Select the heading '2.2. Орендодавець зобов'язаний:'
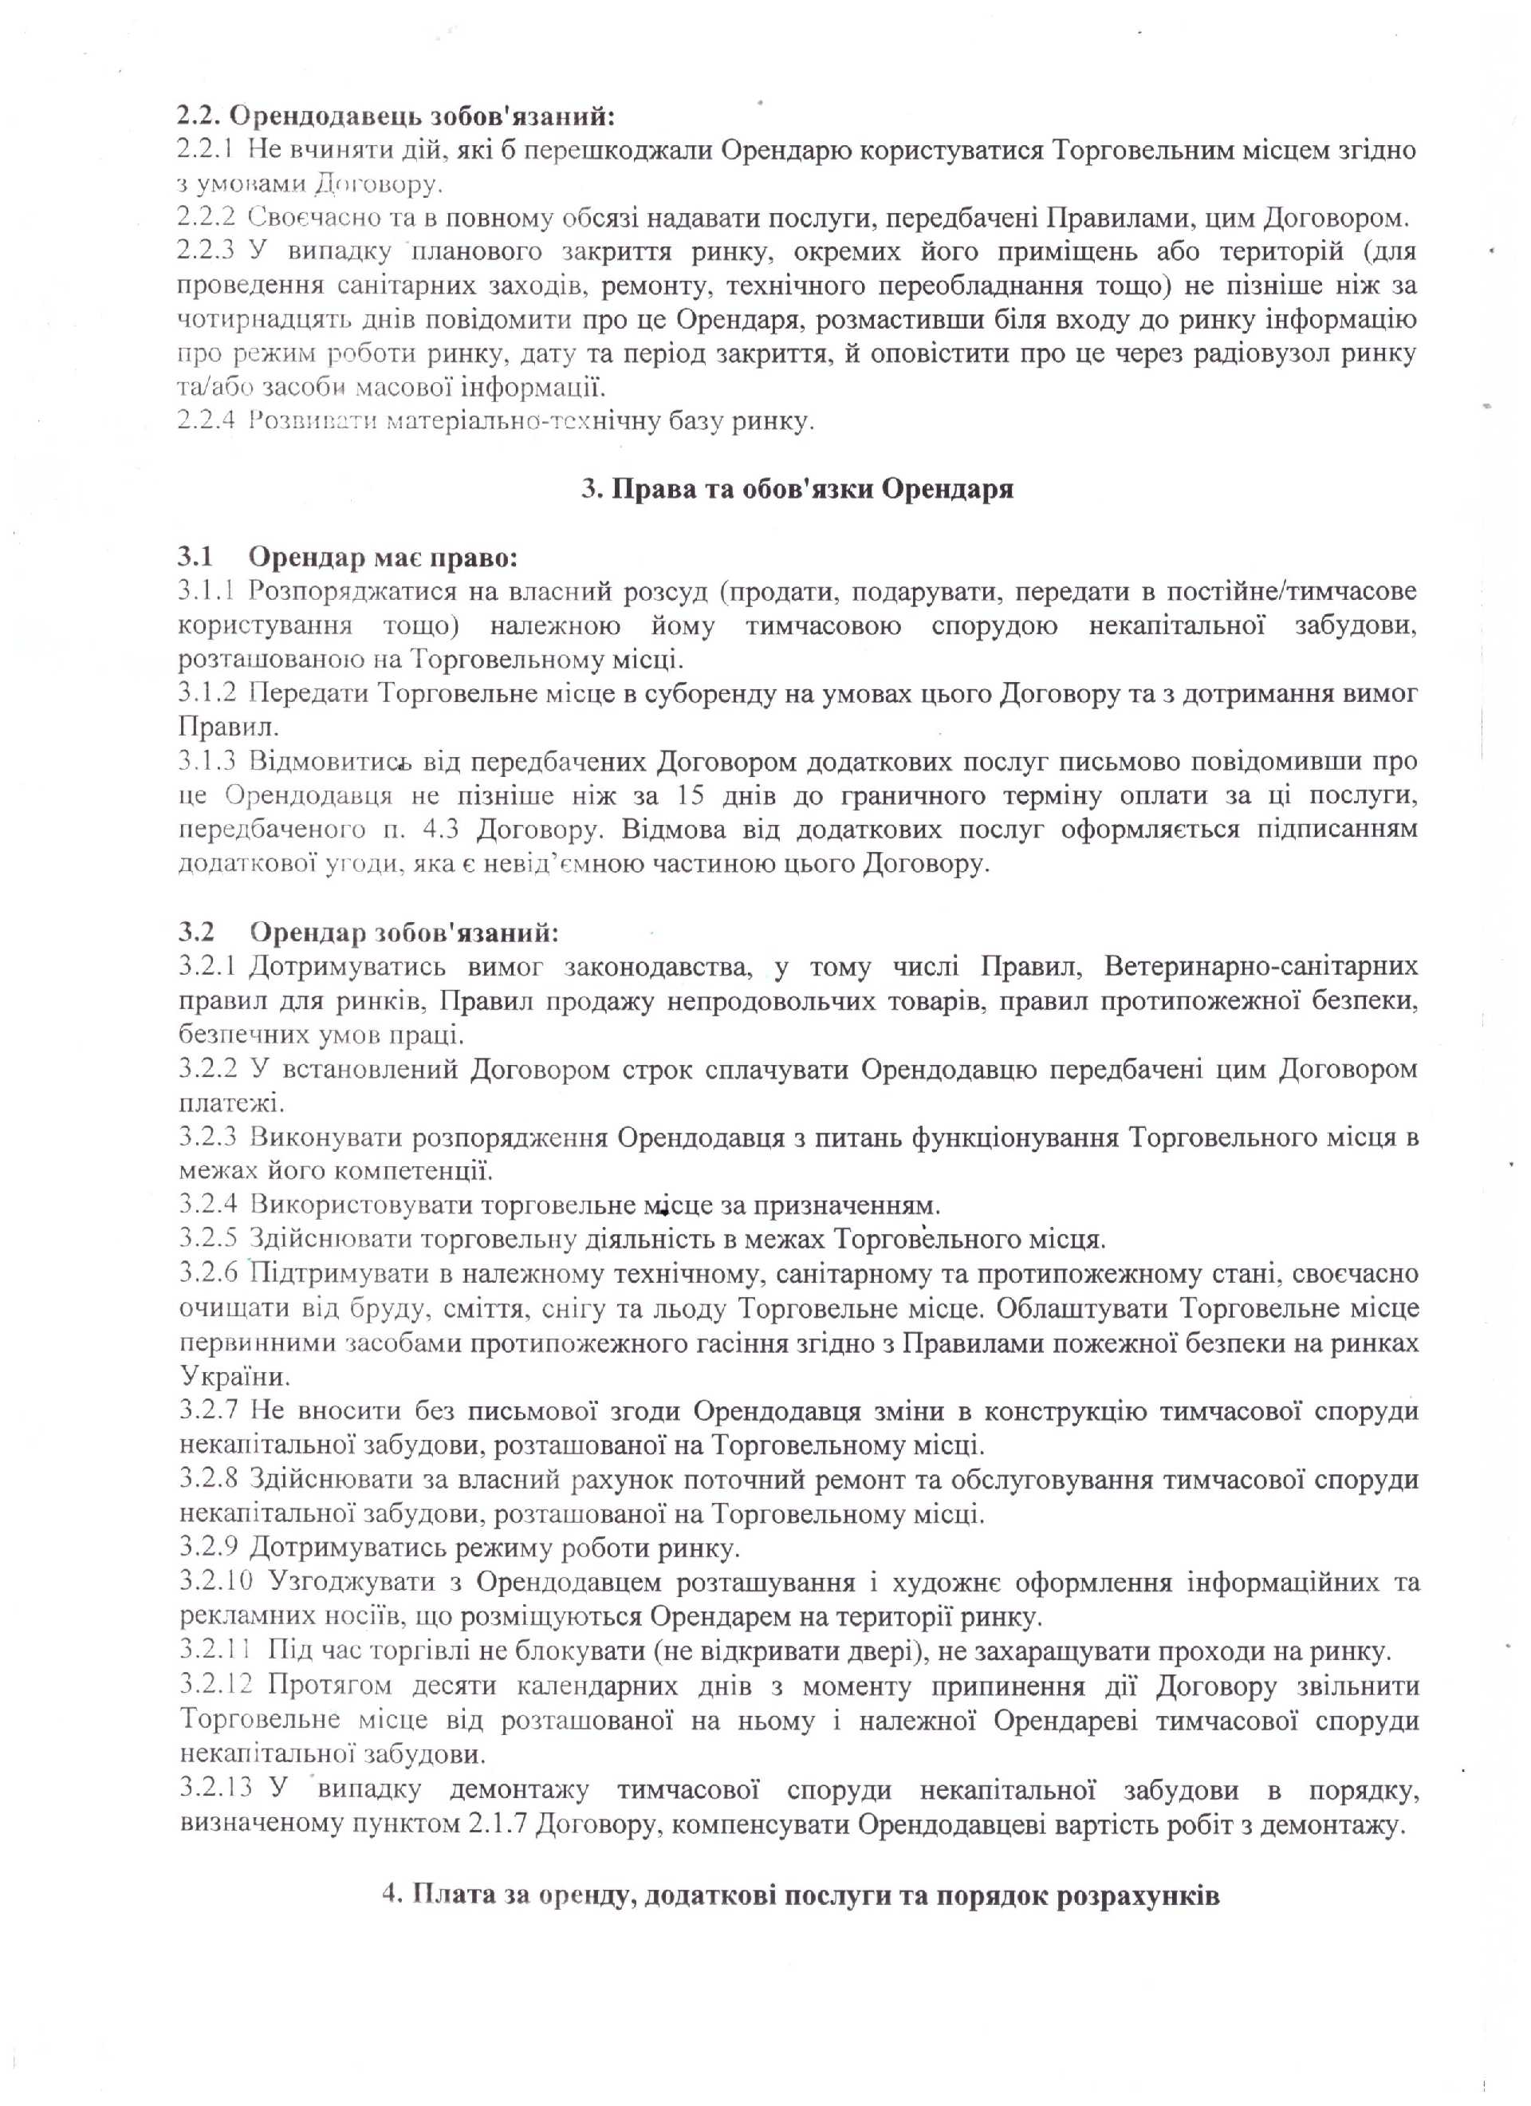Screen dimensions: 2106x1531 tap(397, 117)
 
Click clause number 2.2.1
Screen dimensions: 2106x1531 tap(206, 151)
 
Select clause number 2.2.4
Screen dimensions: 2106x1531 tap(206, 423)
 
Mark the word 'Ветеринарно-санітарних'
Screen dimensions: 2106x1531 tap(1261, 967)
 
